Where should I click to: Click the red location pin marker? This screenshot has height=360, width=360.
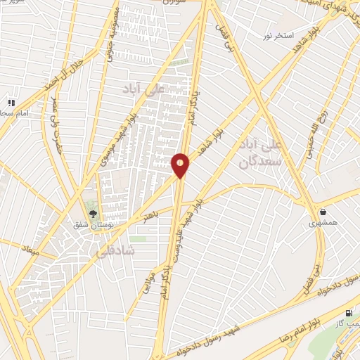(x=180, y=165)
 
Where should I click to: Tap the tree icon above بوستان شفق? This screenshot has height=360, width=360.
(x=92, y=214)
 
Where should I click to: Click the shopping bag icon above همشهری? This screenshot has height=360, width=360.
(x=323, y=212)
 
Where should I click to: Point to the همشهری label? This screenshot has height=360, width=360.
(x=323, y=223)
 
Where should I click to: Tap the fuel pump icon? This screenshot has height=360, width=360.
(x=349, y=313)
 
